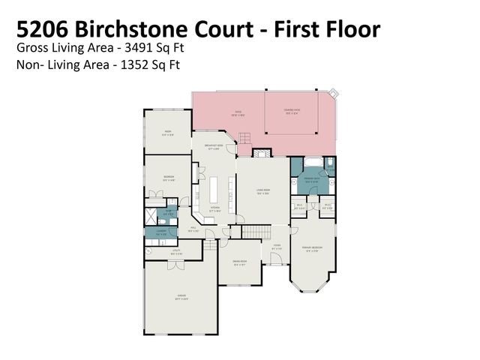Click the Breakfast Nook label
coord(214,147)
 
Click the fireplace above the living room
coord(262,152)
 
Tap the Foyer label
coord(276,247)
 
